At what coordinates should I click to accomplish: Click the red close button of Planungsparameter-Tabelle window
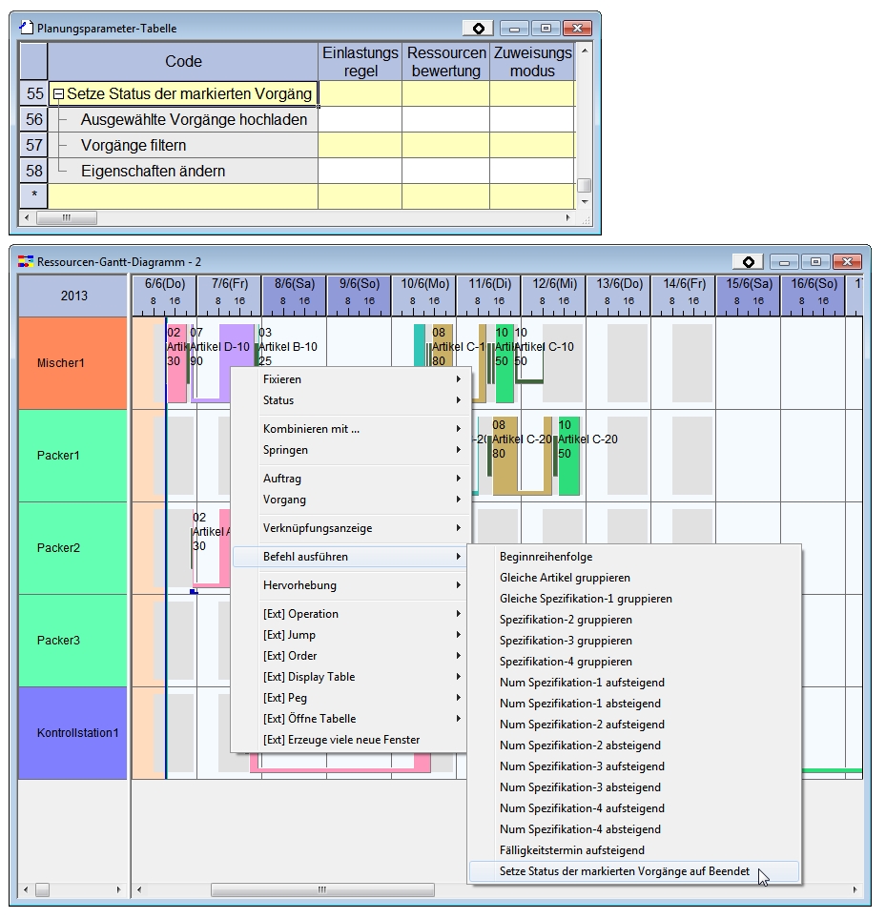pyautogui.click(x=576, y=29)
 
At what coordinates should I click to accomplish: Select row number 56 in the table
pyautogui.click(x=34, y=119)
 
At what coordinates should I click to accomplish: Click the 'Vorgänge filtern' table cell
pyautogui.click(x=134, y=145)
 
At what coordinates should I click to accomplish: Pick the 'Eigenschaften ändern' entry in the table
pyautogui.click(x=153, y=172)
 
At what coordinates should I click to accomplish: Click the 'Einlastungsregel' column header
pyautogui.click(x=360, y=61)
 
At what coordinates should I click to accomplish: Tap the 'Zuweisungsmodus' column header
pyautogui.click(x=532, y=61)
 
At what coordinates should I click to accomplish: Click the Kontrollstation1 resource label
pyautogui.click(x=72, y=732)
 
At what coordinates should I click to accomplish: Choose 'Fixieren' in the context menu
pyautogui.click(x=282, y=379)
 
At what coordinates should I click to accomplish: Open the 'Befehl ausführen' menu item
pyautogui.click(x=305, y=557)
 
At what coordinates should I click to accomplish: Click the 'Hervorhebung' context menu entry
pyautogui.click(x=299, y=585)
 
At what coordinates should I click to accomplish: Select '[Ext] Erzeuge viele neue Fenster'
pyautogui.click(x=340, y=740)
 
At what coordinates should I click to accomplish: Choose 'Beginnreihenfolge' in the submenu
pyautogui.click(x=546, y=557)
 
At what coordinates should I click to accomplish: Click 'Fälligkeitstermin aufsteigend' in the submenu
pyautogui.click(x=572, y=850)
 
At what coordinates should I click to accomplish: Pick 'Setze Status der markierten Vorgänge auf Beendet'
pyautogui.click(x=625, y=871)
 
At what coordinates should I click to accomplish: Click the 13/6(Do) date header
pyautogui.click(x=620, y=283)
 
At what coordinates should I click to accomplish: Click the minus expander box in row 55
pyautogui.click(x=58, y=94)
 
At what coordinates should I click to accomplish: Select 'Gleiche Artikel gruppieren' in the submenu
pyautogui.click(x=565, y=578)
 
